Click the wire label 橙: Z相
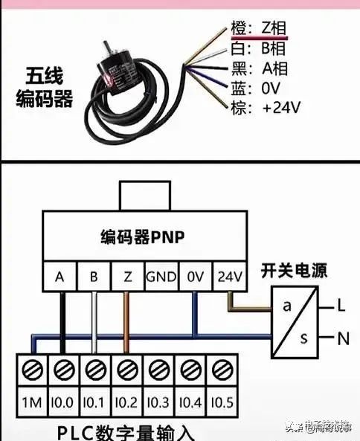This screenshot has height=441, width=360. (257, 29)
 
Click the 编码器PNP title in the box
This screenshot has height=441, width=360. (142, 238)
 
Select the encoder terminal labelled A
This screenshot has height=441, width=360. (60, 277)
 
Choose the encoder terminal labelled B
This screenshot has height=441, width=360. (94, 277)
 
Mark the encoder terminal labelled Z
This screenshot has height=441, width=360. (128, 277)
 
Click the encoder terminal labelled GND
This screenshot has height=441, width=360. (161, 277)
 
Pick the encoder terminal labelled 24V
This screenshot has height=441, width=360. (229, 277)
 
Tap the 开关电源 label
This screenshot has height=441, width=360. (294, 270)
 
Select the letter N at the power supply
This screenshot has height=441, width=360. (343, 339)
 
